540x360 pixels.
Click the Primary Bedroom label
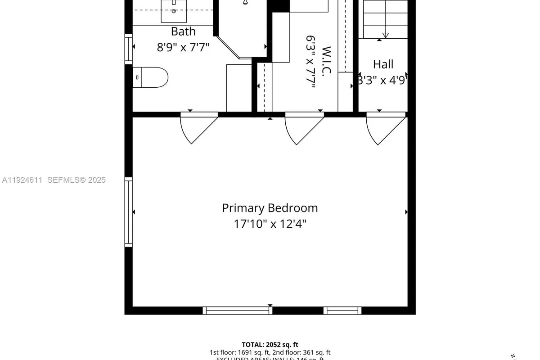[x=270, y=208]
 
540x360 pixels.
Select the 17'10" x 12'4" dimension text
[x=270, y=223]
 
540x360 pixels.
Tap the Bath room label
[x=183, y=31]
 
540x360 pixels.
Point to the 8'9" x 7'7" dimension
[x=183, y=47]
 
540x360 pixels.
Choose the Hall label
[x=383, y=64]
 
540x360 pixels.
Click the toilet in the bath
[x=151, y=77]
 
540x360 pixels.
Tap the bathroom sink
[x=174, y=11]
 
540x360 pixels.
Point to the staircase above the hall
[x=385, y=18]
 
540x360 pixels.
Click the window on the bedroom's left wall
[x=129, y=211]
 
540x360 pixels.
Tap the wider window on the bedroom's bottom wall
[x=237, y=310]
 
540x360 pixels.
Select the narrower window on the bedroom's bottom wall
[x=342, y=310]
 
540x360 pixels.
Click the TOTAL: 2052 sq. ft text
[x=270, y=344]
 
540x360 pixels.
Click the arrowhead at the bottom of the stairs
[x=385, y=35]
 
